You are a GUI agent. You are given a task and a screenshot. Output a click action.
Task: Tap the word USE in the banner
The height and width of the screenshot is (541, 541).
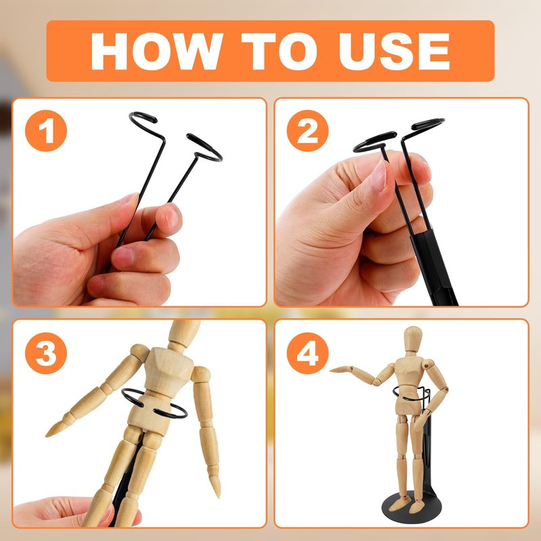(394, 51)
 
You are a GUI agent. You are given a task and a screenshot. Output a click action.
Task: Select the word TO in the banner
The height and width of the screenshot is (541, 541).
(279, 51)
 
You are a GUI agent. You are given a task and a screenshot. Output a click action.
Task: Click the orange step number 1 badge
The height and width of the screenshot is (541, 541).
(46, 131)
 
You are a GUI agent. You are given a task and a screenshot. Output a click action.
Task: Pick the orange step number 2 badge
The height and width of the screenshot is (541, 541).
(308, 131)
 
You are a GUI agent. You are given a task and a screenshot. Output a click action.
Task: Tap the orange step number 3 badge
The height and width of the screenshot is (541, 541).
(46, 353)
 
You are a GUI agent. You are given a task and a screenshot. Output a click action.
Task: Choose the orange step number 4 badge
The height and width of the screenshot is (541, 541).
(308, 353)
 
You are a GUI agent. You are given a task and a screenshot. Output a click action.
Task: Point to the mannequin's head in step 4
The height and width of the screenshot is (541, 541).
(413, 339)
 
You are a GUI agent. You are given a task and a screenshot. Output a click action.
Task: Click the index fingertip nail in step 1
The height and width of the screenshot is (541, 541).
(172, 218)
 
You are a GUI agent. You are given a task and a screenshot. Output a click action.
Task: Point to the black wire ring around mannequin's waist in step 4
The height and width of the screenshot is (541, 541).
(412, 394)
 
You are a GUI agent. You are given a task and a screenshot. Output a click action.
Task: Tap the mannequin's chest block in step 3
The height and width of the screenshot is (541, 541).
(168, 370)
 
